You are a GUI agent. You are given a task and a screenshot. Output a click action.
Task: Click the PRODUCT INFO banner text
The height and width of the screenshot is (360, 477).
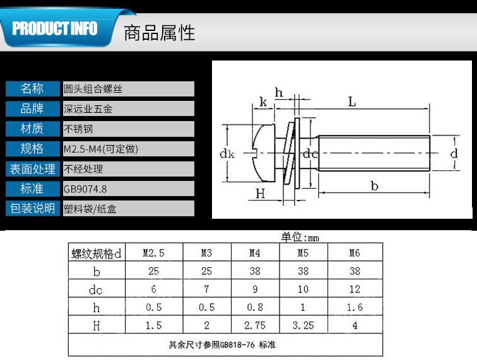[55, 29]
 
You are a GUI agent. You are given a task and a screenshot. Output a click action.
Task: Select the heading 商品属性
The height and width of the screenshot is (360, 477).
[159, 32]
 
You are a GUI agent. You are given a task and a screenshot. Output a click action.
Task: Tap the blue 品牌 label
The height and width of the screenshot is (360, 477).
[32, 108]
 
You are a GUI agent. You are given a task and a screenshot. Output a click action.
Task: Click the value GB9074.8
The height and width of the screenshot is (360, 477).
[85, 188]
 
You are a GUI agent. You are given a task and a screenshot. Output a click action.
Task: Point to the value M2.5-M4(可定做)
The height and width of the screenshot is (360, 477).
[101, 149]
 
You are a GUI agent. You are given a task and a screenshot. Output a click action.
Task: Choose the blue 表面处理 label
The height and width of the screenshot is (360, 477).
[32, 168]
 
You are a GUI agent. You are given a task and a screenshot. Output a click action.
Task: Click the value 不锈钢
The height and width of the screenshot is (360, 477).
[78, 129]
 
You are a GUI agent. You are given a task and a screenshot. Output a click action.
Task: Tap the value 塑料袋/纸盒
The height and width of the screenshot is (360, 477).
[90, 209]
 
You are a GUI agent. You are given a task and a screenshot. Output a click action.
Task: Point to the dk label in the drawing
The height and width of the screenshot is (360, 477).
[227, 153]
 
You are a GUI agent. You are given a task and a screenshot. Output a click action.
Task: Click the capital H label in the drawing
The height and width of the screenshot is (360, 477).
[260, 194]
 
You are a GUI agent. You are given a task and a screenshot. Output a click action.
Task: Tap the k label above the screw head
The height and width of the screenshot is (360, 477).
[262, 102]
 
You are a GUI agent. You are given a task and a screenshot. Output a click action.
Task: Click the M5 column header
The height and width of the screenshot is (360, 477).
[303, 253]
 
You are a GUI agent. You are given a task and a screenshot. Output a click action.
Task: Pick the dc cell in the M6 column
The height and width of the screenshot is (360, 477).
[355, 289]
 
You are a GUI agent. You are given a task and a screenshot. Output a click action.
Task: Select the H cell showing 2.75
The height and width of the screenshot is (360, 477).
[255, 325]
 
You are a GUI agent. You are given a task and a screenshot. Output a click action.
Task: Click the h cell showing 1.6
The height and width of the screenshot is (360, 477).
[355, 308]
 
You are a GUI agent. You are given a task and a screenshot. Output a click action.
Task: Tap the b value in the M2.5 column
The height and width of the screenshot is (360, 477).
[153, 271]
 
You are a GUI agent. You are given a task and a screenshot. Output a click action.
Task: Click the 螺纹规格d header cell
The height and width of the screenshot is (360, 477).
[96, 253]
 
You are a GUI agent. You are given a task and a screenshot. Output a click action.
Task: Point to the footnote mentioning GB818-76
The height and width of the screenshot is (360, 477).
[221, 345]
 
